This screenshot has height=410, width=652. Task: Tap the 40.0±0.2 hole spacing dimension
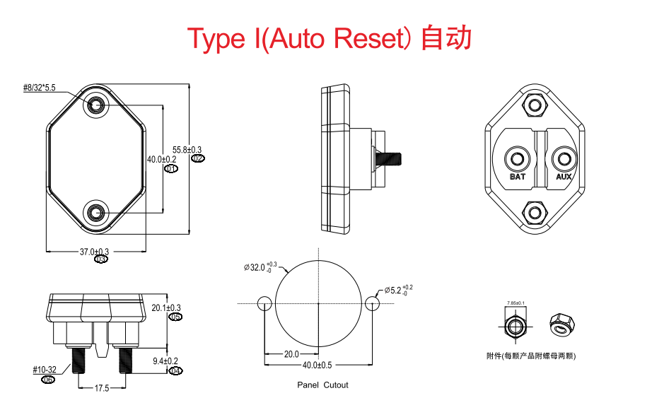click(x=162, y=160)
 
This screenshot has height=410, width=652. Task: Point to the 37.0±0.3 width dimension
click(x=94, y=252)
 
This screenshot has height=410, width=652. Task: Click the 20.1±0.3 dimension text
click(x=166, y=307)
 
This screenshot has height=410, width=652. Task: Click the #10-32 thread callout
click(x=47, y=370)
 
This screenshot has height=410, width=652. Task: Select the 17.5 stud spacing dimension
click(x=102, y=388)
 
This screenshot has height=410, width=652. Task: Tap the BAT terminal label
click(x=518, y=177)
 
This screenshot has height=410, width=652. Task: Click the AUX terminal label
click(x=564, y=177)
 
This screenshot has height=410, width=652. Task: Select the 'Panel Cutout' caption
click(x=322, y=385)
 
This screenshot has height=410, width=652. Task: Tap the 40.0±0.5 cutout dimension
click(x=318, y=365)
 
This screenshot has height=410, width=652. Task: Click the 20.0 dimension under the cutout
click(x=291, y=354)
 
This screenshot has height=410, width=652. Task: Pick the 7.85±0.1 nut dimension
click(x=516, y=303)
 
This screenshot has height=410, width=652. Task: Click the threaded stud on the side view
click(x=390, y=158)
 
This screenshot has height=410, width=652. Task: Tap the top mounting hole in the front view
click(x=96, y=105)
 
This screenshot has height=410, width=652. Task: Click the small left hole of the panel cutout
click(x=265, y=303)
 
